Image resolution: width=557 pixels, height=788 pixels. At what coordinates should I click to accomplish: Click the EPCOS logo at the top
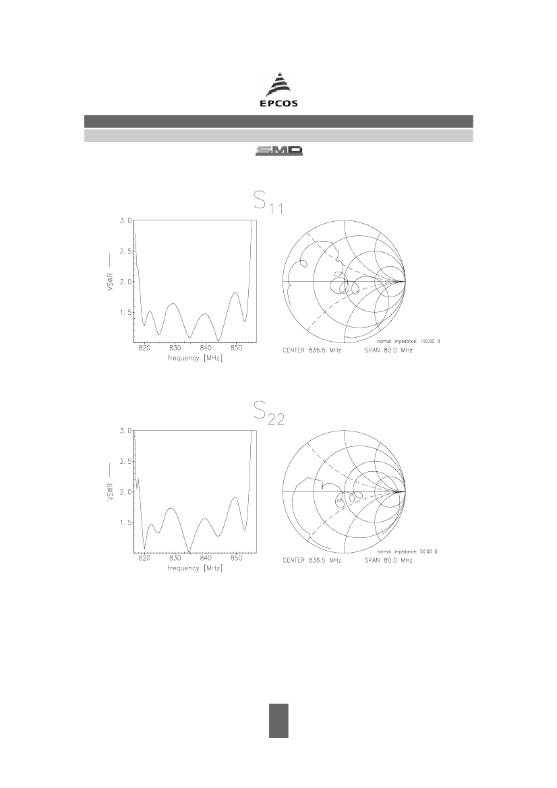(x=278, y=90)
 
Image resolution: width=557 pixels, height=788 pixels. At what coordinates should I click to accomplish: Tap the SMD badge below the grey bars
(x=279, y=151)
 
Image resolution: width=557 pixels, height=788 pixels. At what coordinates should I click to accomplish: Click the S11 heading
(x=268, y=202)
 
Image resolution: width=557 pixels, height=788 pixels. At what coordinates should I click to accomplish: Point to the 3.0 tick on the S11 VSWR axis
(x=125, y=220)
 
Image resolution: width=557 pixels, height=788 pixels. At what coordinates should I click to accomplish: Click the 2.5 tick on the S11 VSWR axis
(x=125, y=251)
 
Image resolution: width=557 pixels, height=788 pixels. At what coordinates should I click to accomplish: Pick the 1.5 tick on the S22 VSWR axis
(x=125, y=522)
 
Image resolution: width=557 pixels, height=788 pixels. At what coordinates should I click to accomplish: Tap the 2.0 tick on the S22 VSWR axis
(x=125, y=492)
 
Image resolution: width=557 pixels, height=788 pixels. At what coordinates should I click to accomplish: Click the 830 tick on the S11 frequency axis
(x=175, y=348)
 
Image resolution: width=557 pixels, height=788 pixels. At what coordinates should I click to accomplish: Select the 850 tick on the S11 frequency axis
(x=236, y=348)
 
